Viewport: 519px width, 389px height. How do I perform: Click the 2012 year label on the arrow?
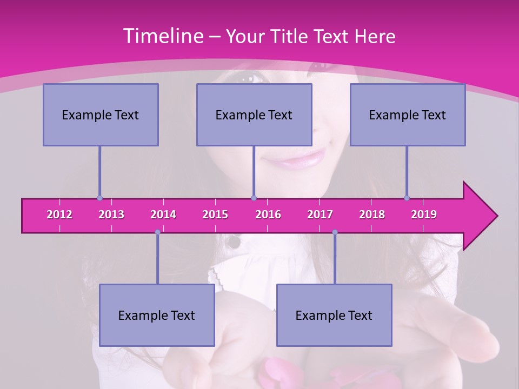point(59,214)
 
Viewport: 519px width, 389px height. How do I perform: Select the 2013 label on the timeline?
point(111,214)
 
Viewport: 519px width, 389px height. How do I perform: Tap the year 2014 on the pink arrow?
point(163,214)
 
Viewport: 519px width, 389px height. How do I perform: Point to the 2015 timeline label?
point(215,214)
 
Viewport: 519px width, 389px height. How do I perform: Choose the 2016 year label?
point(268,214)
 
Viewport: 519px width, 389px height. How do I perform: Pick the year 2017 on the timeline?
point(320,214)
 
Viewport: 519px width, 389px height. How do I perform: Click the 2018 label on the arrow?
point(372,214)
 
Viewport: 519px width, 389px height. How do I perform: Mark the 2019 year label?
point(424,214)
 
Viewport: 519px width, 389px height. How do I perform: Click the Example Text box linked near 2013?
point(101,115)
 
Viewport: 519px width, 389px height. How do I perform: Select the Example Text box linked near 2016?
point(254,115)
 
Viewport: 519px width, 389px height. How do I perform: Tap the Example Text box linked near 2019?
point(408,115)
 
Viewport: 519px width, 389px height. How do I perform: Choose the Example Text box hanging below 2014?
point(157,315)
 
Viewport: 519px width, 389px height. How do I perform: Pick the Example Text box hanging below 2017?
point(334,315)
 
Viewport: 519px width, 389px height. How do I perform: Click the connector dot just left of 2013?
point(99,198)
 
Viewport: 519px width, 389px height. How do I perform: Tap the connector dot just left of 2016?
point(254,198)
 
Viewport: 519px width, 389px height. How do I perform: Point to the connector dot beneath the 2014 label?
point(157,232)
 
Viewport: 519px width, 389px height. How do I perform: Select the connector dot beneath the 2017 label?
point(335,232)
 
